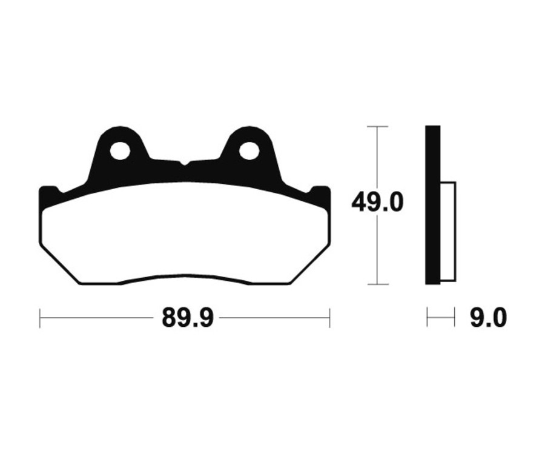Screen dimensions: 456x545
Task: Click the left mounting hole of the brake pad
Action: pos(121,150)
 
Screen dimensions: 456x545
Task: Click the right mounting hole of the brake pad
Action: pos(248,150)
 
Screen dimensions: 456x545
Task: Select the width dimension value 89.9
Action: pos(187,318)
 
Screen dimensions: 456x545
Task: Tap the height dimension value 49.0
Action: pos(377,203)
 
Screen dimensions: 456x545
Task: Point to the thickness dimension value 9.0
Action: pos(488,318)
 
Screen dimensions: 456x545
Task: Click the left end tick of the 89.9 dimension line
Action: pos(40,318)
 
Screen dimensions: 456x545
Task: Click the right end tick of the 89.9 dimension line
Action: pos(329,318)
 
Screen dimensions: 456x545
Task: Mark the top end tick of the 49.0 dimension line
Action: pos(377,127)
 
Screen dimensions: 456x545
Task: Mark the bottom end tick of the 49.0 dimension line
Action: pos(377,284)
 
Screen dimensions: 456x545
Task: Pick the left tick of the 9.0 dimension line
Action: pos(428,317)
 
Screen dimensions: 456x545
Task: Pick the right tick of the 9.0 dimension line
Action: pos(454,317)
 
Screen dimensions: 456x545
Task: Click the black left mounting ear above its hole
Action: pos(120,133)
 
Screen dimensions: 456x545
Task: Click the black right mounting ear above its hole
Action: pos(248,133)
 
